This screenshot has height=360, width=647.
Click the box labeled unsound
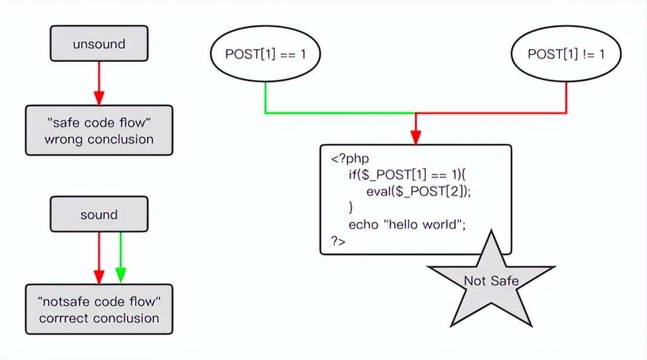tap(99, 44)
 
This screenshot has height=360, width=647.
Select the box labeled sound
tap(99, 215)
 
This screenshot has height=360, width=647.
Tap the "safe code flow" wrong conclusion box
tap(99, 131)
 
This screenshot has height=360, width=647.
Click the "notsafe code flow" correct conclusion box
tap(99, 309)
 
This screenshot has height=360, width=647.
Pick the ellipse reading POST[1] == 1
tap(265, 54)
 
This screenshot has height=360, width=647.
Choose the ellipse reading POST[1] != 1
tap(566, 54)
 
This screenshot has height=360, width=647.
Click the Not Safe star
tap(491, 281)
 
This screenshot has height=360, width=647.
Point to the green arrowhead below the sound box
tap(121, 275)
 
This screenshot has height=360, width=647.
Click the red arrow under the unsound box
tap(99, 82)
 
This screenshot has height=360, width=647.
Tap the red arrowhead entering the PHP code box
tap(416, 137)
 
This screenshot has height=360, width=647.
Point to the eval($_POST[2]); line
tap(419, 191)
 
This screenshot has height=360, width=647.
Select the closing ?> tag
tap(338, 241)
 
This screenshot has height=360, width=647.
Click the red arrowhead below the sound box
tap(99, 275)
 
